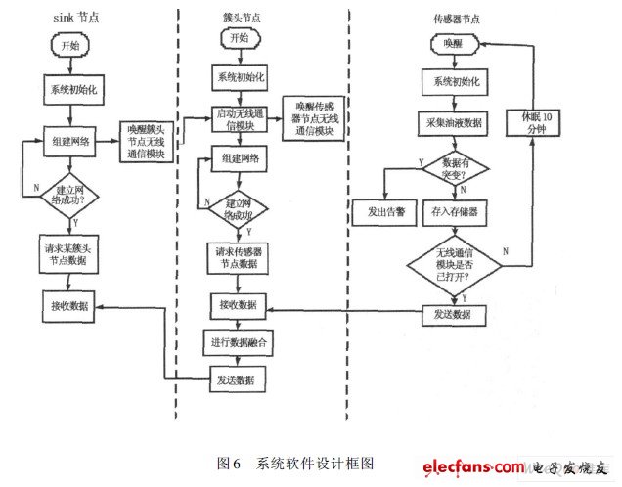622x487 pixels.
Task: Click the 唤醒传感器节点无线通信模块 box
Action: point(313,118)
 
